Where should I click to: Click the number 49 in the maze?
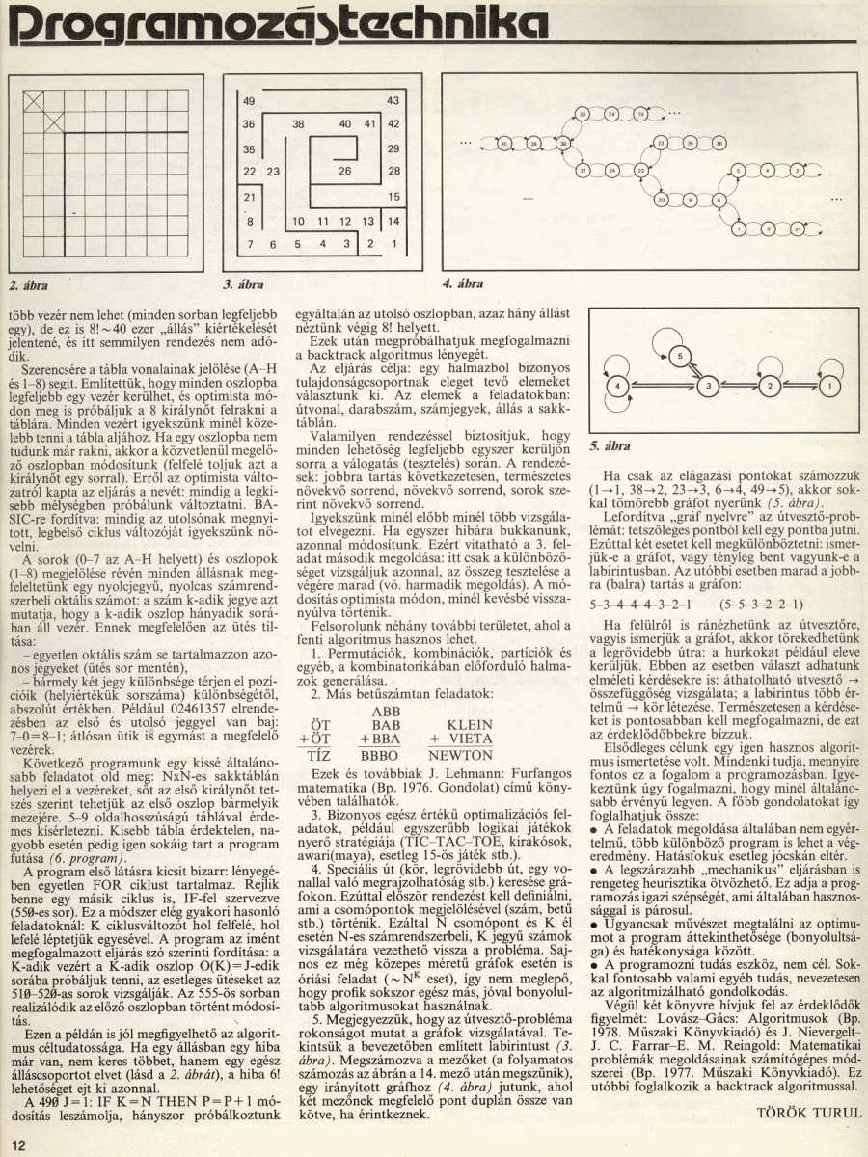click(x=249, y=101)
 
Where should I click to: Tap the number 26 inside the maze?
click(x=344, y=171)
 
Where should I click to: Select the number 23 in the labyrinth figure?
click(x=273, y=172)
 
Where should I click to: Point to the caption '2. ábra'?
click(x=28, y=285)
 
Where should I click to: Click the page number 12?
click(x=19, y=1144)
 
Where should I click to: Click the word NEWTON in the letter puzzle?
click(x=460, y=755)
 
